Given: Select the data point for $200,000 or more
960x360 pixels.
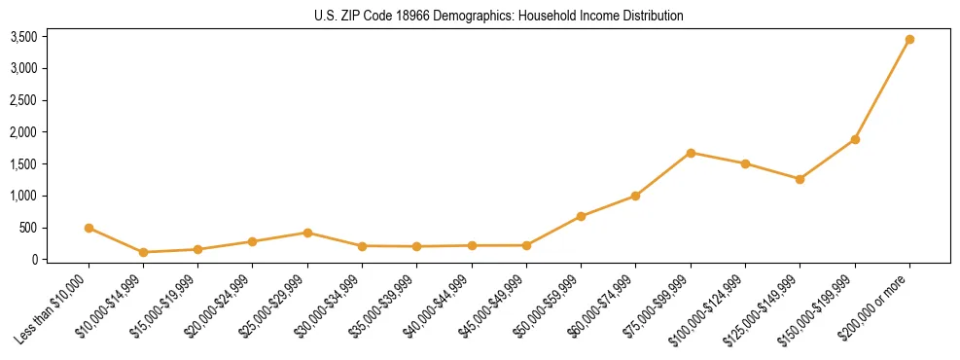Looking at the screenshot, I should pyautogui.click(x=909, y=39).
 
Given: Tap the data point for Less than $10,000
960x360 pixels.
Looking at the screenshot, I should pyautogui.click(x=89, y=228).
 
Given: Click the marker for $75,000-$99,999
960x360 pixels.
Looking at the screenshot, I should pyautogui.click(x=691, y=153).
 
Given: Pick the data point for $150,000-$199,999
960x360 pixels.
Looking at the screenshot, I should pyautogui.click(x=855, y=139).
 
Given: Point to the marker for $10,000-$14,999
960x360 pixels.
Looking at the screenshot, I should pyautogui.click(x=143, y=252).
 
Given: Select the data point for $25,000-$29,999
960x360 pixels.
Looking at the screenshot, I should pyautogui.click(x=307, y=233).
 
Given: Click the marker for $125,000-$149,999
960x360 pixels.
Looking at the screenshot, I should pyautogui.click(x=800, y=179).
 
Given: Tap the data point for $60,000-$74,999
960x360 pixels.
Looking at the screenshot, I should pyautogui.click(x=635, y=196).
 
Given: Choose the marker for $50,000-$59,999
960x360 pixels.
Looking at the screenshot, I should pyautogui.click(x=581, y=216).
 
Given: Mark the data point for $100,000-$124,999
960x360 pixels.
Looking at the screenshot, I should pyautogui.click(x=745, y=163).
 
